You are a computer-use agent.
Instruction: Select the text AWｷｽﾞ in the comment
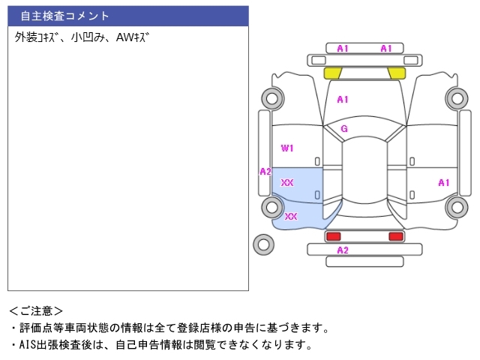(x=132, y=36)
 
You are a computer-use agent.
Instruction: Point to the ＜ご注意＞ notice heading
(x=36, y=310)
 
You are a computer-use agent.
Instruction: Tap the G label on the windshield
(x=344, y=128)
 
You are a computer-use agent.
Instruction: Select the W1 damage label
(x=287, y=148)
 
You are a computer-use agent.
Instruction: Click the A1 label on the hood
(x=343, y=99)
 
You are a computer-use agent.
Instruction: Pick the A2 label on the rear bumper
(x=343, y=250)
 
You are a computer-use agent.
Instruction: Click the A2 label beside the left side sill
(x=265, y=172)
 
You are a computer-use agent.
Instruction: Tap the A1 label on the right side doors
(x=443, y=182)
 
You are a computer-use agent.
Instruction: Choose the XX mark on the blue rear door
(x=287, y=182)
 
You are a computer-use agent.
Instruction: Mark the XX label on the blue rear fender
(x=291, y=216)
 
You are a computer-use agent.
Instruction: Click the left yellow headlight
(x=333, y=73)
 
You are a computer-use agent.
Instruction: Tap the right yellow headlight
(x=397, y=73)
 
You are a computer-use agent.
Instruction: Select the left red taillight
(x=334, y=236)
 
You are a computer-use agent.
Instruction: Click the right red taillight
(x=395, y=236)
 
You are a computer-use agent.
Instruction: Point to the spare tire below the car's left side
(x=263, y=244)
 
